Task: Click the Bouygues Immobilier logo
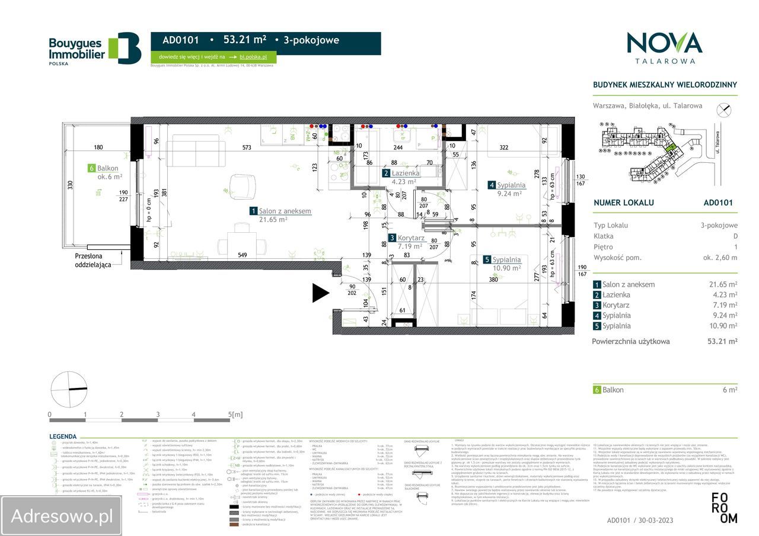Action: tap(94, 48)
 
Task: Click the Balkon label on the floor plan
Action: tap(107, 168)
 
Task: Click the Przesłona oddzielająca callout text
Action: tap(93, 261)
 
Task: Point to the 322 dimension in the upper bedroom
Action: tap(503, 147)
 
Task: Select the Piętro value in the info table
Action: tap(735, 247)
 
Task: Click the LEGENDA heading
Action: tap(62, 436)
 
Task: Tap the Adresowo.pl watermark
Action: tap(62, 516)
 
